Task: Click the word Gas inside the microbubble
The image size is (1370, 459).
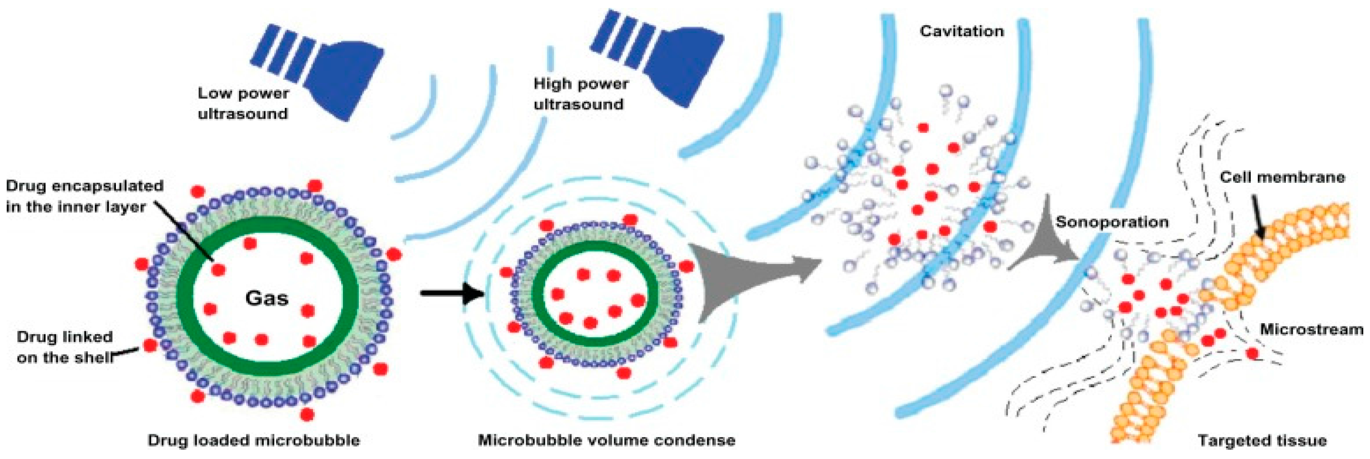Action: click(x=266, y=298)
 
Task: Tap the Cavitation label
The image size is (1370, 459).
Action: click(x=962, y=32)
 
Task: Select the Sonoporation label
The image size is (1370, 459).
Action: click(x=1112, y=222)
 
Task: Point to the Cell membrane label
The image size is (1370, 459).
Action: click(x=1282, y=177)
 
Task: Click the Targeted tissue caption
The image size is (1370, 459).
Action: click(x=1262, y=441)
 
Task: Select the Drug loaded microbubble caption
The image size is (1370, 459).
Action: click(x=254, y=441)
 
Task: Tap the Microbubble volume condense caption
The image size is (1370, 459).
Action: click(x=606, y=441)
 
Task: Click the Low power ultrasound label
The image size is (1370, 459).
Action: click(x=243, y=103)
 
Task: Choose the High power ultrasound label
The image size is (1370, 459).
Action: click(x=580, y=94)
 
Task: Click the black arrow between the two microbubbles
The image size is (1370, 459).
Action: click(x=452, y=293)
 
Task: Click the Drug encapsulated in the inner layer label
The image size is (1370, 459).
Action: click(x=84, y=196)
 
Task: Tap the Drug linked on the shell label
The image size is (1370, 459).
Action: click(x=65, y=347)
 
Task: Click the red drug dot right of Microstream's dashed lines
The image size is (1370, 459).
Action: click(x=1252, y=353)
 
